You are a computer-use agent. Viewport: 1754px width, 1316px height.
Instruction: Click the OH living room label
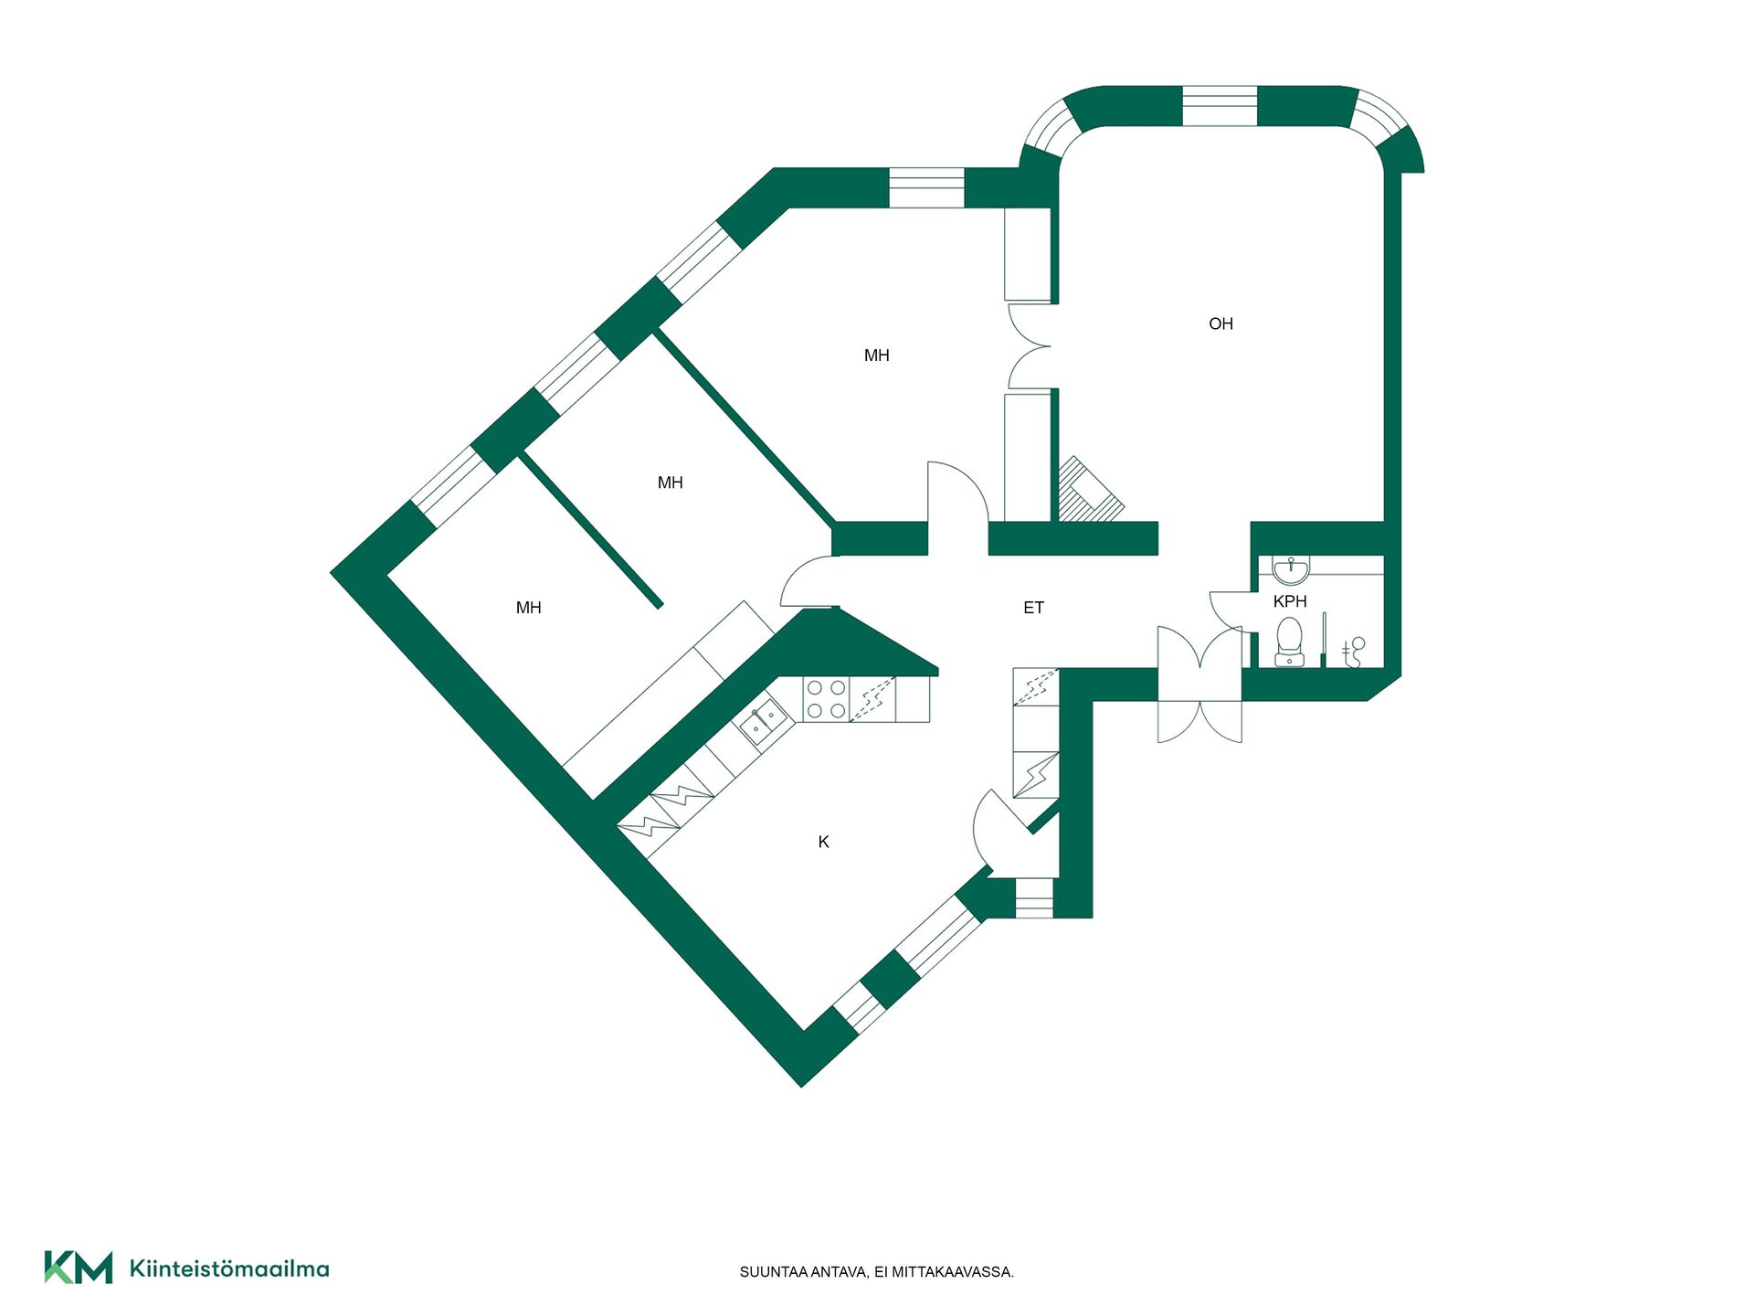point(1220,324)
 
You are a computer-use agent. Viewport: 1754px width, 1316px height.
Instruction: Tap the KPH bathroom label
point(1290,601)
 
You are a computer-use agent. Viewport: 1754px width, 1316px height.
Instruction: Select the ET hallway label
point(1033,608)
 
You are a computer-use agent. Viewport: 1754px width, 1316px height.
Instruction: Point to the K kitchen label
point(823,842)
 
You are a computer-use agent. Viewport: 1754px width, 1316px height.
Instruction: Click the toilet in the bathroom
point(1289,642)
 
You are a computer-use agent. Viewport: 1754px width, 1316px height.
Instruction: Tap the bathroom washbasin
point(1290,570)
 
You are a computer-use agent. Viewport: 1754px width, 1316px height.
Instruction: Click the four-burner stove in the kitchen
point(826,699)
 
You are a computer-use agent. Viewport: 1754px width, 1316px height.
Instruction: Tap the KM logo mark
point(79,1268)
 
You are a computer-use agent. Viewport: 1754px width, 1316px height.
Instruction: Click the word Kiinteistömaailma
point(229,1268)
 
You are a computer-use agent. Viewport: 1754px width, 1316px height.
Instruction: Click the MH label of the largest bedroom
point(876,356)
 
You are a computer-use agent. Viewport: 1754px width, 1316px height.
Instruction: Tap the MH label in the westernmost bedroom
point(528,608)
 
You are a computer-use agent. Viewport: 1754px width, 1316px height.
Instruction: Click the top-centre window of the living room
point(1220,106)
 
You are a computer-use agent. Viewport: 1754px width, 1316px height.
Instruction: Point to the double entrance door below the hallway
point(1199,684)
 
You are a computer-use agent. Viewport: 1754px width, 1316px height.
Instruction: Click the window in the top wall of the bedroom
point(927,188)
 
